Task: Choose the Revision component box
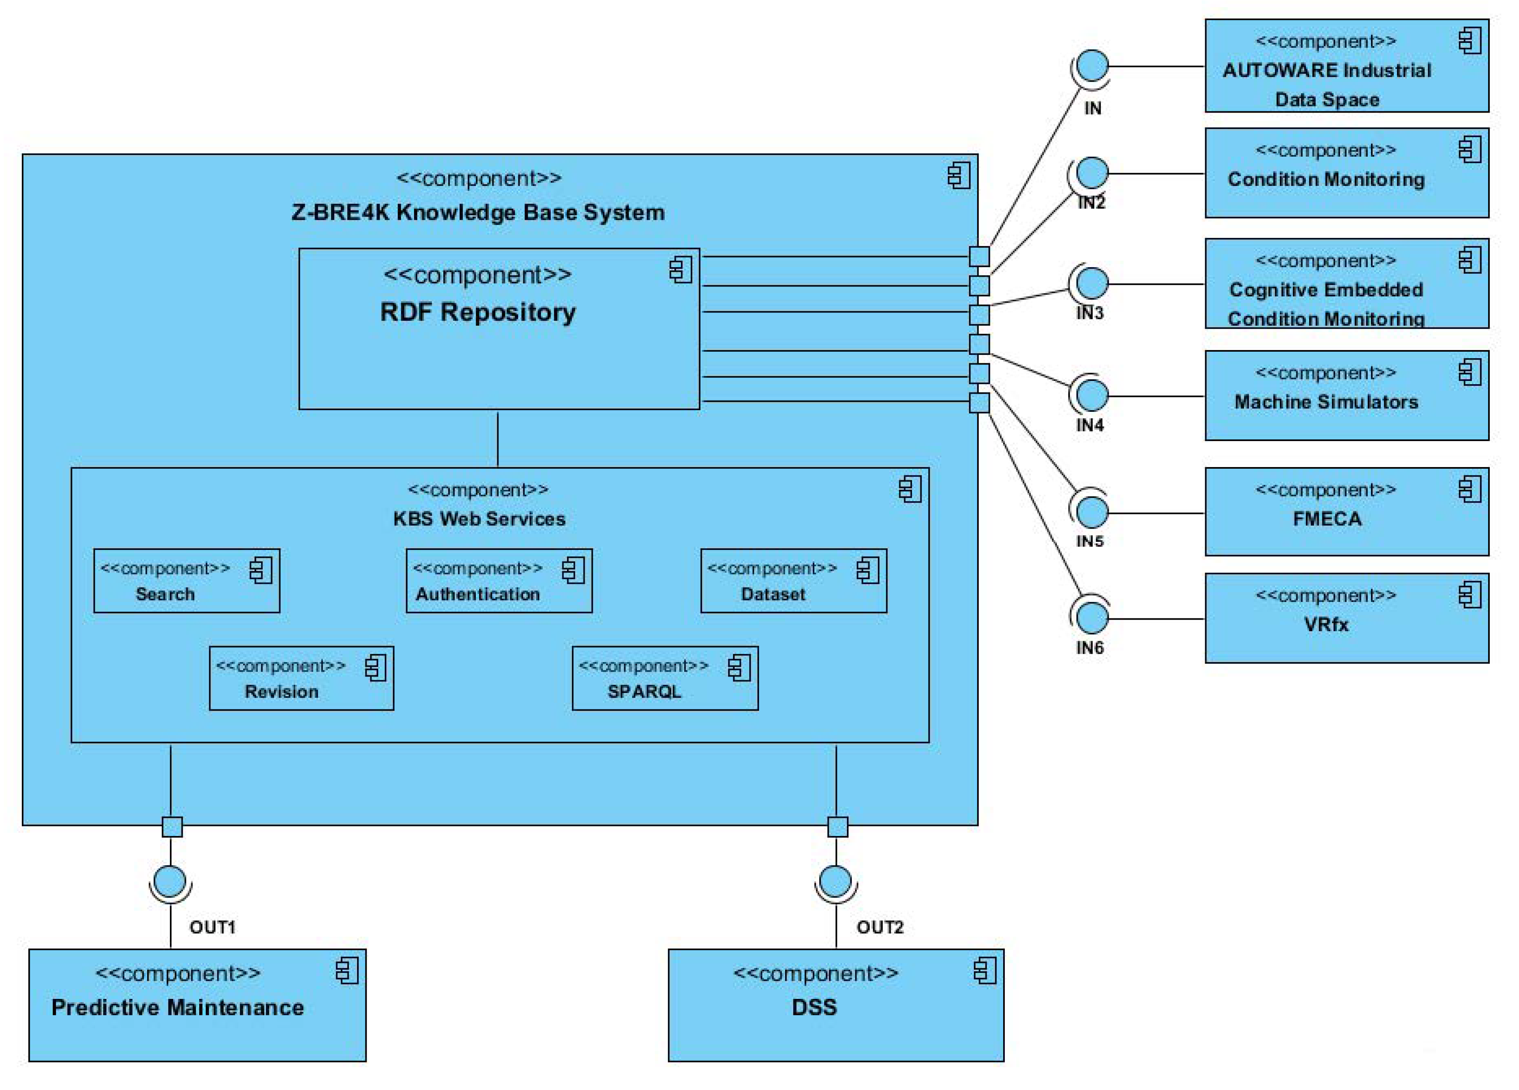pos(301,678)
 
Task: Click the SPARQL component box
pos(665,678)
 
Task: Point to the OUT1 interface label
pos(212,927)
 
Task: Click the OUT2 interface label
pos(879,927)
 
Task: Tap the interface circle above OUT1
pos(170,881)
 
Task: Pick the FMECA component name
pos(1327,519)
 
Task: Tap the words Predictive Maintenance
pos(177,1007)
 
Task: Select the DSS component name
pos(814,1007)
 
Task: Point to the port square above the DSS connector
pos(837,827)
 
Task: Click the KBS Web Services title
pos(479,519)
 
